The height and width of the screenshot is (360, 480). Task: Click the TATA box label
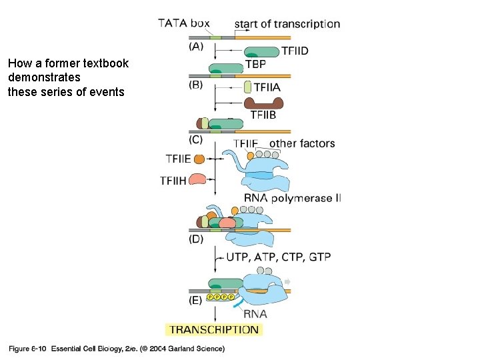[x=183, y=23]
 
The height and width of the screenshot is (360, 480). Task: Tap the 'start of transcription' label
[x=287, y=24]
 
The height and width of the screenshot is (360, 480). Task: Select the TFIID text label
[x=295, y=51]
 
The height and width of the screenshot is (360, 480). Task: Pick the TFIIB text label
[x=263, y=115]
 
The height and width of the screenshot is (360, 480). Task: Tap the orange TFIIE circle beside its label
[x=199, y=159]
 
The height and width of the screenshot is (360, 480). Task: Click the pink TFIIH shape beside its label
[x=198, y=179]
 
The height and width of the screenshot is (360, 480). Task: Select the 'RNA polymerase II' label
[x=292, y=198]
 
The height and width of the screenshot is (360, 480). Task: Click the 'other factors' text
[x=302, y=143]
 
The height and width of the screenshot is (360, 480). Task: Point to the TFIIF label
[x=245, y=143]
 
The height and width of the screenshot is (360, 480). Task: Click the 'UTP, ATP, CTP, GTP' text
[x=279, y=257]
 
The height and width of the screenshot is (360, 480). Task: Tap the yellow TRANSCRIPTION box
[x=213, y=329]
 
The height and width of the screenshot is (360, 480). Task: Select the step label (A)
[x=197, y=47]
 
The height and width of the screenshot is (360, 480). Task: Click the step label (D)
[x=196, y=239]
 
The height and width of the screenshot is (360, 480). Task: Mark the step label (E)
[x=196, y=300]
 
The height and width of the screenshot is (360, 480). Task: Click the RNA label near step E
[x=255, y=314]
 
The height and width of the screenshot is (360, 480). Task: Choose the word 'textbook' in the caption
[x=107, y=64]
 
